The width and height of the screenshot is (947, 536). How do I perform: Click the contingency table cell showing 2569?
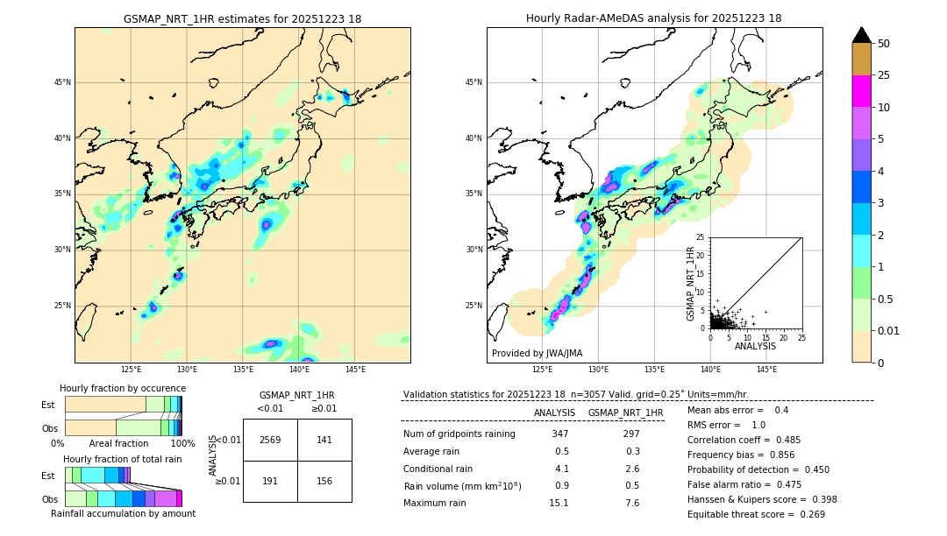[x=269, y=440]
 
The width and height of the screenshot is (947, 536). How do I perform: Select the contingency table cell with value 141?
[x=324, y=440]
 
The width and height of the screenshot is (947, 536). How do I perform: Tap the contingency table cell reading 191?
[x=269, y=481]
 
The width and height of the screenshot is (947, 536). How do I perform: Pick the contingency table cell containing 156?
[x=324, y=481]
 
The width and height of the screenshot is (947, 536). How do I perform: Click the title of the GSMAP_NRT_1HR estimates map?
[x=242, y=18]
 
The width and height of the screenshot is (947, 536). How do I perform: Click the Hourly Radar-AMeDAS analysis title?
[x=654, y=18]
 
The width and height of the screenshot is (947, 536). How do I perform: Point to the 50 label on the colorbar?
[x=884, y=44]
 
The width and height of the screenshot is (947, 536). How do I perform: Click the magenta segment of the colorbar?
[x=861, y=91]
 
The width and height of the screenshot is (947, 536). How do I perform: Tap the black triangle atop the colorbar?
[x=861, y=35]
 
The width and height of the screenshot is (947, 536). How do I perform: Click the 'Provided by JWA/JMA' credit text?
[x=537, y=353]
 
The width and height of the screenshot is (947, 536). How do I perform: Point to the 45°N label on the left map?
[x=62, y=82]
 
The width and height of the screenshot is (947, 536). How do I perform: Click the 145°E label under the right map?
[x=766, y=370]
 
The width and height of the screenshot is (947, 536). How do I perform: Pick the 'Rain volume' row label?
[x=462, y=486]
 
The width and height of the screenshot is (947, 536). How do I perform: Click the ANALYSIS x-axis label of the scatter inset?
[x=755, y=346]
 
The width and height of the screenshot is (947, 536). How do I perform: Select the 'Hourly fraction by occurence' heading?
[x=123, y=388]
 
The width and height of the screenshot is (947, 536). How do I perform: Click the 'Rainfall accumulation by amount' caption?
[x=123, y=513]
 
